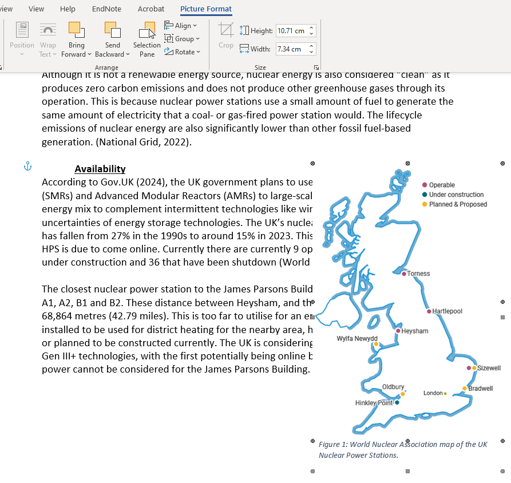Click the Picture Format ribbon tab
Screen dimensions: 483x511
[206, 9]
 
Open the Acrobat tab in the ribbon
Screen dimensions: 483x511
[151, 9]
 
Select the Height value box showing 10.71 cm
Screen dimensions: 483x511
[291, 31]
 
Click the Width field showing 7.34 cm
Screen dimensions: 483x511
[291, 49]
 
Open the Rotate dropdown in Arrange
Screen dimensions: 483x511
[183, 52]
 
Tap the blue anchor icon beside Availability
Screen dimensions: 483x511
[27, 167]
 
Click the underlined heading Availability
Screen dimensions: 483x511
[100, 169]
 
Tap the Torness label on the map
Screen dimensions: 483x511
[418, 274]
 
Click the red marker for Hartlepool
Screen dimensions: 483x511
[429, 311]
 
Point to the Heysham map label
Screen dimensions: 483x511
[415, 331]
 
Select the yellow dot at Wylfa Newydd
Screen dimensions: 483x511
[376, 345]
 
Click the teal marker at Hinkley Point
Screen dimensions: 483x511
[397, 402]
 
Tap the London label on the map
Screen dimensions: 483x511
[433, 393]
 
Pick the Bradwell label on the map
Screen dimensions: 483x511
[481, 389]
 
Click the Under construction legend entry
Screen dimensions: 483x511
[456, 195]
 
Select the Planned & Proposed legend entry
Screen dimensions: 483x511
[458, 204]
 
